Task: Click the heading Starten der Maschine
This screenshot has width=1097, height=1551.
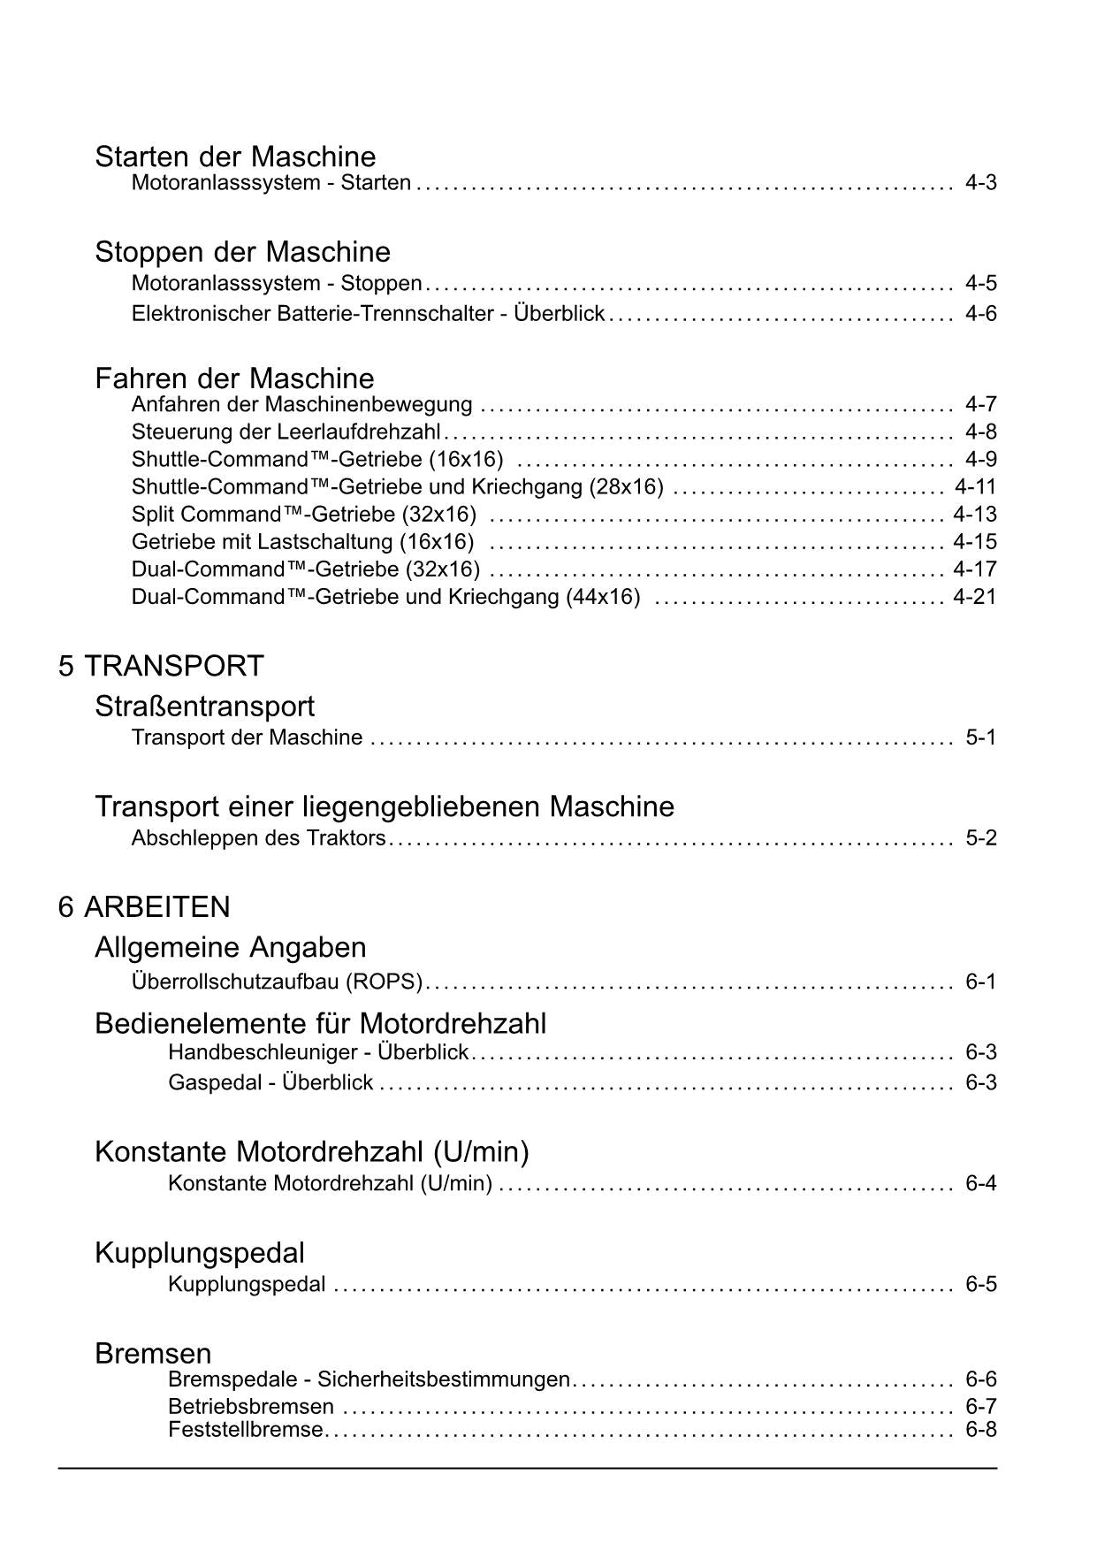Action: tap(235, 157)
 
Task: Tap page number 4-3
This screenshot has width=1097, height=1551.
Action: tap(980, 183)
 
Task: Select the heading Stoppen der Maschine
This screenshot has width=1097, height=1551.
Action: tap(242, 252)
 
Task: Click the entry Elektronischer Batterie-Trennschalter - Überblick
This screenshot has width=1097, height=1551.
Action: tap(368, 313)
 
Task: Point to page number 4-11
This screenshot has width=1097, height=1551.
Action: tap(975, 486)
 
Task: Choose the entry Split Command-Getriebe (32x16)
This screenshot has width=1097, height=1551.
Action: tap(303, 514)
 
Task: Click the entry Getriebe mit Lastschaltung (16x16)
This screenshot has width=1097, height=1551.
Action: tap(302, 541)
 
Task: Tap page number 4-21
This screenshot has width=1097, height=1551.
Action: tap(974, 596)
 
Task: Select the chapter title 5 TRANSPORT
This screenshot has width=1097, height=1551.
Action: tap(161, 666)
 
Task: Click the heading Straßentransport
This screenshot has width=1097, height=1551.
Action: tap(204, 707)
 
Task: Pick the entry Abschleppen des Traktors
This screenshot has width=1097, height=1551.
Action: tap(258, 837)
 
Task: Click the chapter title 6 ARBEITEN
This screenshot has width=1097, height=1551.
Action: tap(144, 907)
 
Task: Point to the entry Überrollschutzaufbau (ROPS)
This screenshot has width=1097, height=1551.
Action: tap(277, 982)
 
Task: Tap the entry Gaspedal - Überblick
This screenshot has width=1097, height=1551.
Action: tap(270, 1082)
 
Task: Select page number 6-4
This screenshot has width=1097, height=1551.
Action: tap(980, 1183)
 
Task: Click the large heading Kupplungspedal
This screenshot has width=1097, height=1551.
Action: tap(199, 1253)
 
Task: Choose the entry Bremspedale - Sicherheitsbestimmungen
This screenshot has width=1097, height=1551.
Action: tap(369, 1379)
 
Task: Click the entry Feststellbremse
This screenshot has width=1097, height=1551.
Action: tap(245, 1430)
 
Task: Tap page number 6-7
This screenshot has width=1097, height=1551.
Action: tap(980, 1406)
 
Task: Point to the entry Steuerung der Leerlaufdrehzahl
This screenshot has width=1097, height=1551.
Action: tap(286, 432)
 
